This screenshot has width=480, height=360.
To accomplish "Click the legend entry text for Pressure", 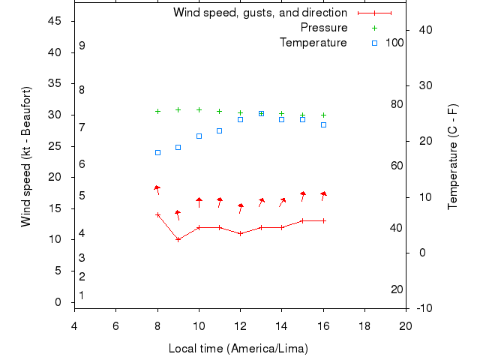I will pos(324,28).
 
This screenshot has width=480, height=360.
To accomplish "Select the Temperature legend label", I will pos(313,43).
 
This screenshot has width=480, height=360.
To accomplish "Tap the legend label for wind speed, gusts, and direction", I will pos(259,13).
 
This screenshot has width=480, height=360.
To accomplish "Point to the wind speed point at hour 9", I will pos(178,239).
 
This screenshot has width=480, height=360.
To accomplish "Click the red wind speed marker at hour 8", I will pos(157,214).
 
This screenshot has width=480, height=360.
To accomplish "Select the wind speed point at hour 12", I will pos(240,233).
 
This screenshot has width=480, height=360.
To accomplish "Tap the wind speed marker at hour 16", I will pos(323,220).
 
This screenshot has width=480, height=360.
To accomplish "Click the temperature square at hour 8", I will pos(157,152).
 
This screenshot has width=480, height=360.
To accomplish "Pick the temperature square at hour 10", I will pos(199,136).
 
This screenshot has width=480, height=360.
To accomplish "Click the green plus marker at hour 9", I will pos(178,109).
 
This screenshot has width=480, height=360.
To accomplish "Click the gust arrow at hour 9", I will pos(178,214).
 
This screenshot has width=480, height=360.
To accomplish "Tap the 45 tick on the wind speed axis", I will pos(55,21).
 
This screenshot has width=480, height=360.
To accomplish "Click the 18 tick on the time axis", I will pos(364,325).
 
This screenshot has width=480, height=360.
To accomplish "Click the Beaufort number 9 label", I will pos(82,46).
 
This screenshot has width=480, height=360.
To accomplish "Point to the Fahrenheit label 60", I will pos(397,166).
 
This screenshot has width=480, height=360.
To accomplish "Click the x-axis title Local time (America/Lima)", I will pos(238,349).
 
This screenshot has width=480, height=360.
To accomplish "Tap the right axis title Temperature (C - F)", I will pos(453,155).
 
